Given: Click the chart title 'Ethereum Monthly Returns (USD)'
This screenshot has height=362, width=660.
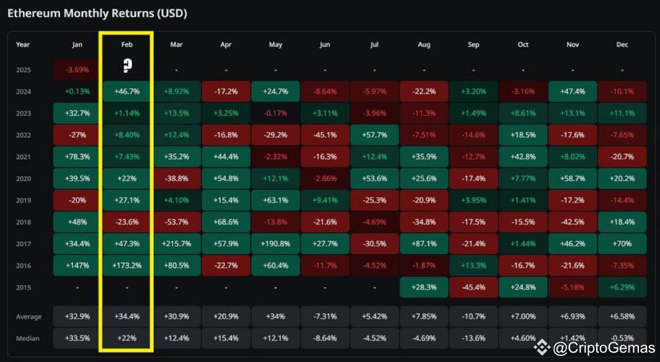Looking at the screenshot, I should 97,13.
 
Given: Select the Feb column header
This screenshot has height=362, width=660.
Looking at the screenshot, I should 127,45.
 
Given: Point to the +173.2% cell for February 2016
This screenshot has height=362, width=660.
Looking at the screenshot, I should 127,265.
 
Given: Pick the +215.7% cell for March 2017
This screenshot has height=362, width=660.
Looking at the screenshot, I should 177,244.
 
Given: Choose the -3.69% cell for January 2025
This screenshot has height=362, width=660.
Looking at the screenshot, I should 77,69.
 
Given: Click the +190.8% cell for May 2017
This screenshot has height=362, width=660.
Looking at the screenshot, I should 275,244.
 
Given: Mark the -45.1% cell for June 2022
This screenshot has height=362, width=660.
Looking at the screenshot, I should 324,135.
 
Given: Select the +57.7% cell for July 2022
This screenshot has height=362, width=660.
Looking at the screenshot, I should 374,135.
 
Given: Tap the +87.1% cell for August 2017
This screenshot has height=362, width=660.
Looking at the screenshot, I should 424,244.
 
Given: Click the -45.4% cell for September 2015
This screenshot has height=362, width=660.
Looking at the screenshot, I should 473,287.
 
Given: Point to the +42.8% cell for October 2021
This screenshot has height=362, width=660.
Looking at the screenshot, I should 523,157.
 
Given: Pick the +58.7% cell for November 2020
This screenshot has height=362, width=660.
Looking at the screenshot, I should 573,179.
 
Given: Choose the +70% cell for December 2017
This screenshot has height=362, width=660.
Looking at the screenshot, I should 622,244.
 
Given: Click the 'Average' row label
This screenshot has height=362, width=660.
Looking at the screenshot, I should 29,317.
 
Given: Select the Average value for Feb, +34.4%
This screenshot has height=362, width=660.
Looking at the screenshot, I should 127,317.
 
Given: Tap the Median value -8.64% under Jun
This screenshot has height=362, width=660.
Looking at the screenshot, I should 324,338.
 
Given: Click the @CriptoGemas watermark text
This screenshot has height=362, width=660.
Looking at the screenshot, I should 603,348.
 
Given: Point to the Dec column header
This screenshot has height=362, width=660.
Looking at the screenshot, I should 622,45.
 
